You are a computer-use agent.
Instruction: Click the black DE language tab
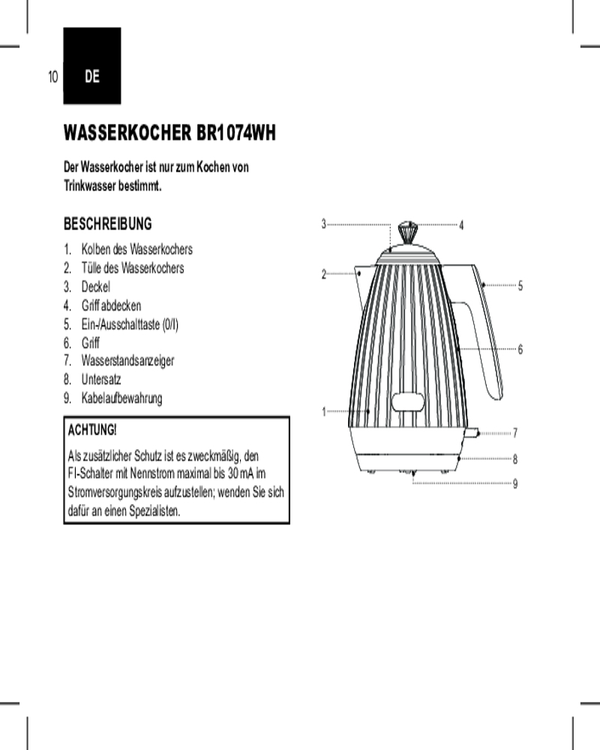point(91,65)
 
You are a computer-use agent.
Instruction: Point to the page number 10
point(52,76)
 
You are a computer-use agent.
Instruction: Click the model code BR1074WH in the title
point(236,133)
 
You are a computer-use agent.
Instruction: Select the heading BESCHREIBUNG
point(108,223)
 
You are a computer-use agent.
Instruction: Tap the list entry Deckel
point(96,286)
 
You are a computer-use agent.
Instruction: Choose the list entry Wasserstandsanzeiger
point(127,361)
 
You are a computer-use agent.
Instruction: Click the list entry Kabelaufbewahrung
point(121,398)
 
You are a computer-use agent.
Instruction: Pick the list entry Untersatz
point(101,379)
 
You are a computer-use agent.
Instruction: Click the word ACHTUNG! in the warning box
point(91,430)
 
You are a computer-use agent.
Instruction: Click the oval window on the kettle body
point(408,402)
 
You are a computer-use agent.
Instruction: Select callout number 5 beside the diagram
point(520,286)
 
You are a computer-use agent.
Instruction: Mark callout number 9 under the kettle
point(514,484)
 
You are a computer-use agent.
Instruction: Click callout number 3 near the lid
point(323,223)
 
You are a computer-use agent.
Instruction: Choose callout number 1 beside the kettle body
point(324,411)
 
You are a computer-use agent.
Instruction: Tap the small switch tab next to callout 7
point(471,433)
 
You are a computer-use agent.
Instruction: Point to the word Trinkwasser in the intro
point(89,186)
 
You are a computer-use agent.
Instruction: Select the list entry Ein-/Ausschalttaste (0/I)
point(130,324)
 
